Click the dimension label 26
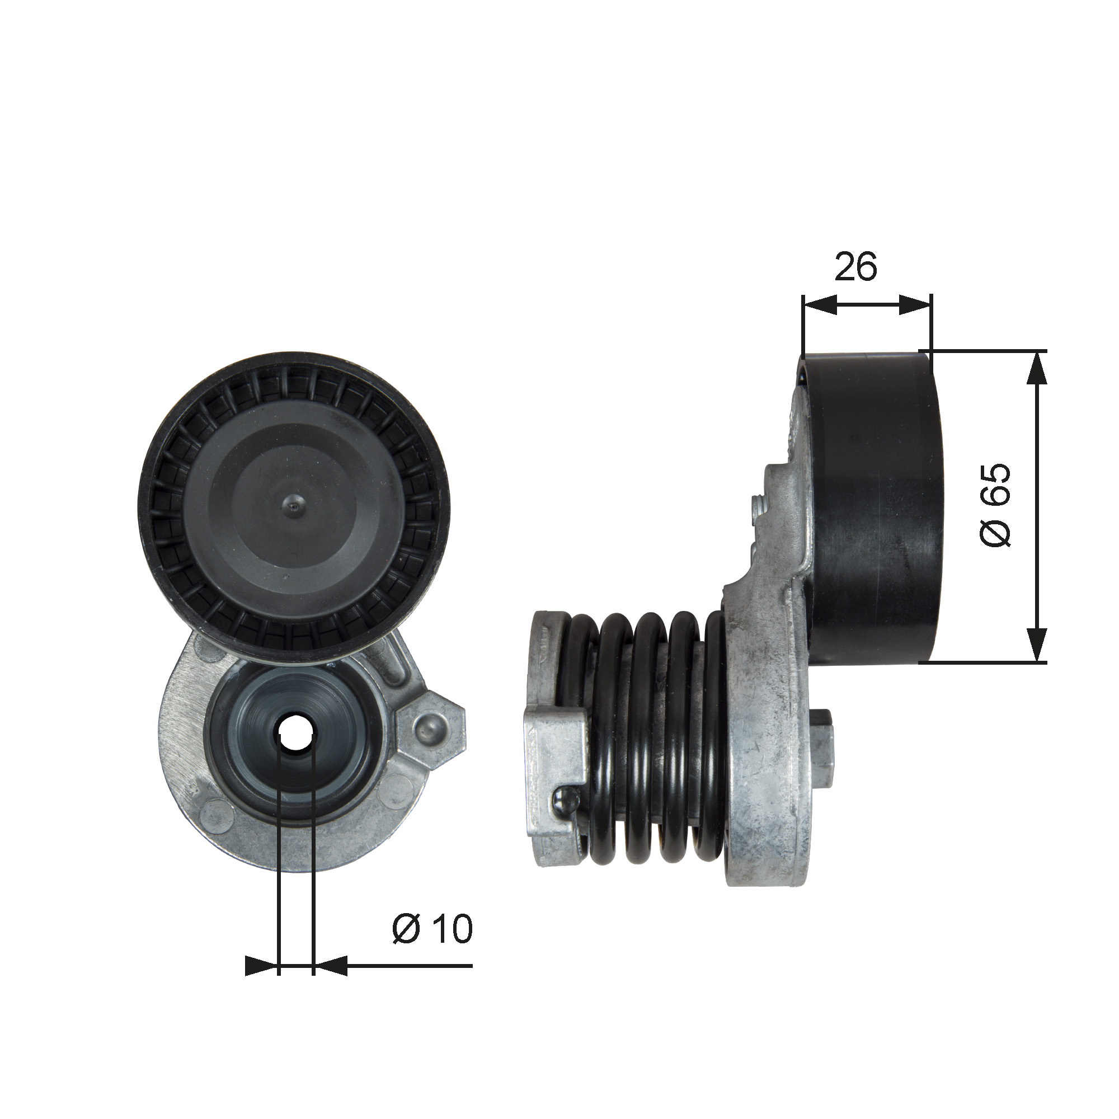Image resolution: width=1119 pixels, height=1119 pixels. (x=856, y=266)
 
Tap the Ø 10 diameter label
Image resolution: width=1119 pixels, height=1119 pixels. (x=432, y=929)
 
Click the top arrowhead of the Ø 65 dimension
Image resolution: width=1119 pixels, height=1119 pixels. (x=1036, y=368)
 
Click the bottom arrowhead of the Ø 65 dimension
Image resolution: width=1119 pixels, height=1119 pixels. (x=1036, y=645)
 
